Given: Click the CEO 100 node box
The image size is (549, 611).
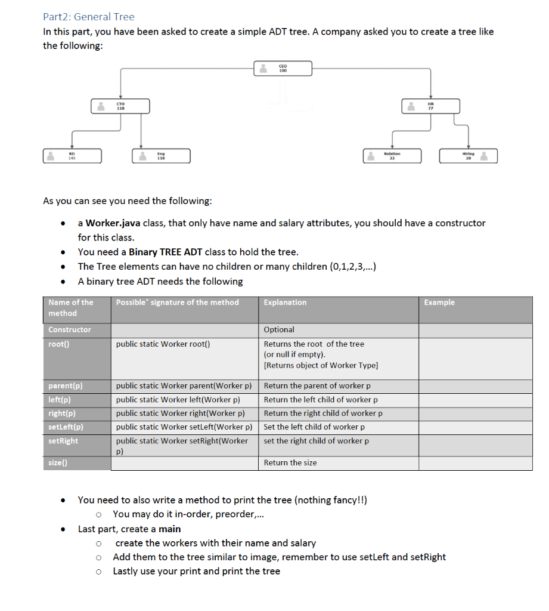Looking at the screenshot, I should click(x=283, y=69).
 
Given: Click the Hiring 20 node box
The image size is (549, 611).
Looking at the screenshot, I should click(x=468, y=156).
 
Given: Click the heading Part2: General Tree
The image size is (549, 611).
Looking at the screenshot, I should click(x=89, y=17).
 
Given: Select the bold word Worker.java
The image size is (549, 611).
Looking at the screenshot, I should click(x=113, y=223).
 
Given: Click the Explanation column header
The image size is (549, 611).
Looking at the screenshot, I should click(x=285, y=303).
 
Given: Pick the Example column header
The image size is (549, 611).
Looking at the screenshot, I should click(x=439, y=303).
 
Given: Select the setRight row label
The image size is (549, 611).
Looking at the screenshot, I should click(x=63, y=441).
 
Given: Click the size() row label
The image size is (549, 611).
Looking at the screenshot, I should click(x=58, y=463).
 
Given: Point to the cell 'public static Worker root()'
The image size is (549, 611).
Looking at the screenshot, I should click(x=163, y=344).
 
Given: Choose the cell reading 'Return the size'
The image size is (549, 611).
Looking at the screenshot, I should click(x=290, y=463).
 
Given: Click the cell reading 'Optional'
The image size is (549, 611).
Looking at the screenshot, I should click(x=279, y=329).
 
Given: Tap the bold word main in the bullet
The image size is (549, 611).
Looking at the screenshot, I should click(x=170, y=529).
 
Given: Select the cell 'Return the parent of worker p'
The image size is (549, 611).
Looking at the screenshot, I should click(x=317, y=386).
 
